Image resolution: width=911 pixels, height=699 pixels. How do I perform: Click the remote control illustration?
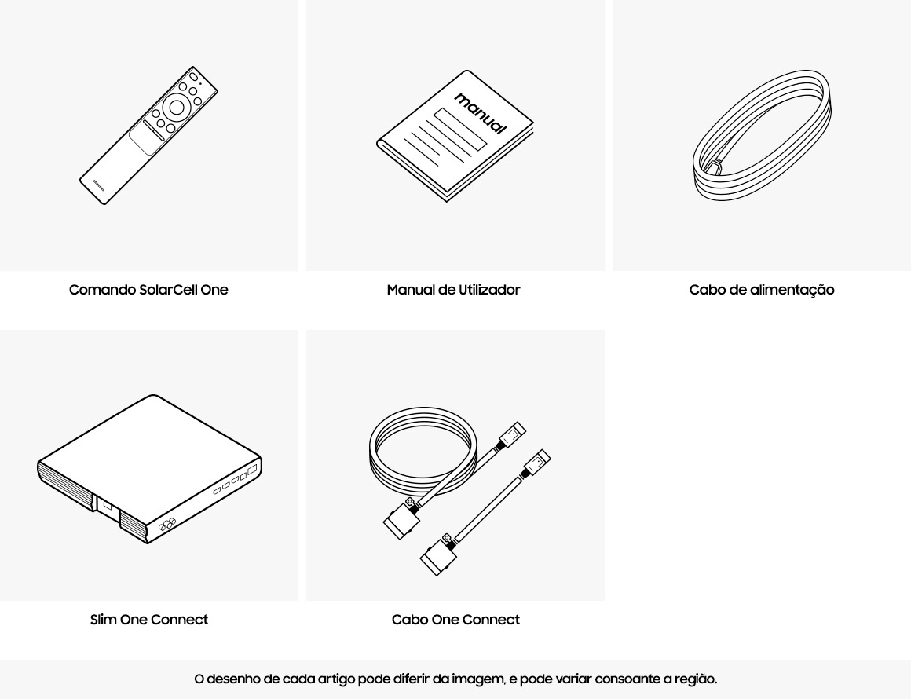pos(148,135)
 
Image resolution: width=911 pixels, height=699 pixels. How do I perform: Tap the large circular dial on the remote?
pos(177,108)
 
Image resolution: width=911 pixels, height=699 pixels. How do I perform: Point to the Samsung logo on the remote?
pos(99,185)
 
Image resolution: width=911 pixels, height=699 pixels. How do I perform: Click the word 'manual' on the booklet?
pos(481,113)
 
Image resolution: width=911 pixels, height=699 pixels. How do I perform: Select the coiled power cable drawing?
pos(762,135)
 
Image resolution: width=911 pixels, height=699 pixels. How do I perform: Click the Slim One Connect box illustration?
pos(149,470)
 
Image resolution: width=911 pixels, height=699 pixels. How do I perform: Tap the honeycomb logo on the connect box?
pos(167,525)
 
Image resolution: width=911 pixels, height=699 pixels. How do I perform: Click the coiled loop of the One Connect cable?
pos(423,451)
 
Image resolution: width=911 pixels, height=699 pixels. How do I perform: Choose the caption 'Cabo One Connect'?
pos(455,620)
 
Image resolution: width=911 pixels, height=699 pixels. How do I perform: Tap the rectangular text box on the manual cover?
pos(460,129)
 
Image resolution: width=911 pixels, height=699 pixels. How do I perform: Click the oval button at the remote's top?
pos(193,76)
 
